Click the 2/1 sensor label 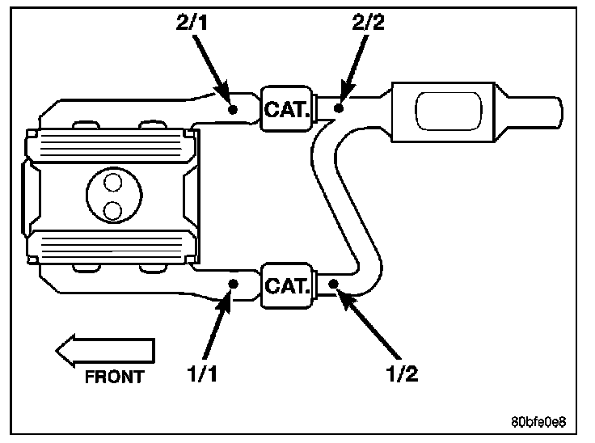(192, 23)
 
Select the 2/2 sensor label (368, 23)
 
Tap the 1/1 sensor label (202, 373)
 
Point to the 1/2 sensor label (402, 373)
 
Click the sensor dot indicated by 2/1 (233, 110)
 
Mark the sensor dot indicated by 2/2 (339, 108)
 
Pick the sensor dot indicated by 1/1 (233, 284)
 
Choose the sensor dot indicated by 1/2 (333, 284)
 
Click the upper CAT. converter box (287, 109)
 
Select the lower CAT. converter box (287, 285)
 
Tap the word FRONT (114, 377)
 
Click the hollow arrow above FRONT (105, 351)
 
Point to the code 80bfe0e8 (538, 422)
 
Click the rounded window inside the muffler (449, 112)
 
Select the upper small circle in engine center (112, 182)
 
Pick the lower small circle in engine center (112, 211)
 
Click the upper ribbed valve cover (111, 146)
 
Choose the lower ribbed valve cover (112, 247)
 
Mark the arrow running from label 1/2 (367, 323)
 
